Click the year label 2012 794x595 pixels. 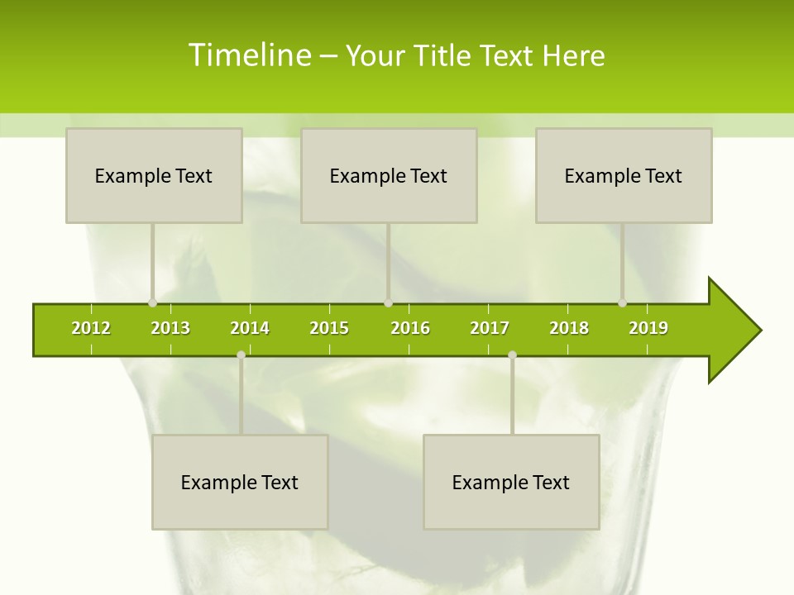click(91, 328)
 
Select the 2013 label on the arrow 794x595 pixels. click(170, 328)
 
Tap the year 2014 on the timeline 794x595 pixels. click(250, 328)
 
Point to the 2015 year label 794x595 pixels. click(329, 328)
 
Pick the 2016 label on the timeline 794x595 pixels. click(410, 328)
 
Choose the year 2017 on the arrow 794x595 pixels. click(490, 328)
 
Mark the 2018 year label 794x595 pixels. click(569, 328)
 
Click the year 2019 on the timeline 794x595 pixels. click(648, 328)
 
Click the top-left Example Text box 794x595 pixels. click(154, 176)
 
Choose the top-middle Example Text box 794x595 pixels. click(389, 176)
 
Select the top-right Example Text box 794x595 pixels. click(624, 176)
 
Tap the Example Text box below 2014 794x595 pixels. click(240, 483)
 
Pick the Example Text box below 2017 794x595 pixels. click(511, 483)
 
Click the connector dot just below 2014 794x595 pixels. click(241, 355)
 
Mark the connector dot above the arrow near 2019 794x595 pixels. click(623, 303)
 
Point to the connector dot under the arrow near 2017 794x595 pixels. click(512, 355)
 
